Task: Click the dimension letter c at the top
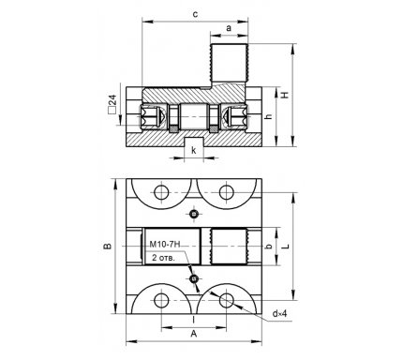(195, 14)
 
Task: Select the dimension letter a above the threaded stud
(229, 28)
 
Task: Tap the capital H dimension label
(285, 95)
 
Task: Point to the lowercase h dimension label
(268, 116)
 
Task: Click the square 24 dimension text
(112, 104)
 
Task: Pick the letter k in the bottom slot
(194, 151)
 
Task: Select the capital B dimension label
(108, 246)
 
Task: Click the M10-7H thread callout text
(165, 244)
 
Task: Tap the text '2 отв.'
(163, 258)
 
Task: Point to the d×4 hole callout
(279, 314)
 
